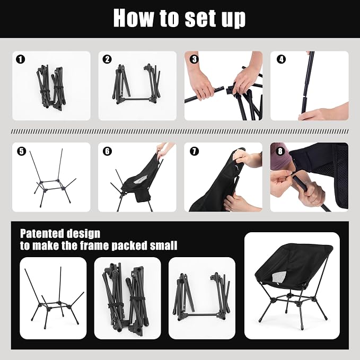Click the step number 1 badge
coord(21,59)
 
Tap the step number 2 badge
coord(107,59)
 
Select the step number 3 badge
coord(194,59)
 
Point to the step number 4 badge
coord(281,59)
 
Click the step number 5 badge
coord(21,151)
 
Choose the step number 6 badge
coord(108,151)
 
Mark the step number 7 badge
coord(194,151)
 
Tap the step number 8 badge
coord(280,151)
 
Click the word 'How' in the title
coord(134,18)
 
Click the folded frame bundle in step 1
coord(50,88)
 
